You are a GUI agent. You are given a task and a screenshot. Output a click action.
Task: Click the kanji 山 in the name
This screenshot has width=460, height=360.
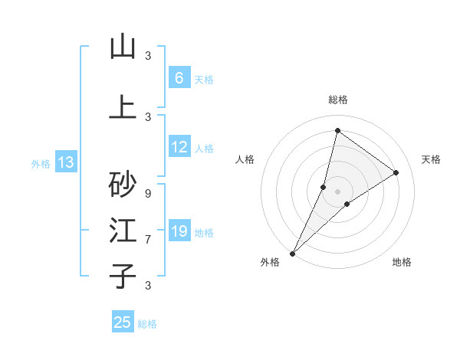click(123, 47)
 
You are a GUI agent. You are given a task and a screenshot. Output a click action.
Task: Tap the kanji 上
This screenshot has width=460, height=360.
click(123, 108)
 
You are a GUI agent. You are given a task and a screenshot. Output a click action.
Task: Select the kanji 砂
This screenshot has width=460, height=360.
click(123, 184)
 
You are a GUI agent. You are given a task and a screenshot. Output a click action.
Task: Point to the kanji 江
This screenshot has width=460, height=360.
click(123, 231)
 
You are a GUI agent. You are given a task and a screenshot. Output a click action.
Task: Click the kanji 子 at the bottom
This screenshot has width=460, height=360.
click(123, 276)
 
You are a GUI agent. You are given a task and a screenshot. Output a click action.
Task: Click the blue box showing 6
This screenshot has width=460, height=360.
click(179, 78)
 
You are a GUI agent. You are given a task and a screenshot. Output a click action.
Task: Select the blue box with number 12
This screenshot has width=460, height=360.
click(179, 147)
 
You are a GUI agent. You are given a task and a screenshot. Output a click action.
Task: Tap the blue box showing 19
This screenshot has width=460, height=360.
click(179, 231)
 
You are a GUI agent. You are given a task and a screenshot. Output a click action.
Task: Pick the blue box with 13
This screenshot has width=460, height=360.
click(65, 162)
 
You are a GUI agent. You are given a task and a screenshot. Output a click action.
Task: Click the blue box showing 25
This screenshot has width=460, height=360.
click(123, 322)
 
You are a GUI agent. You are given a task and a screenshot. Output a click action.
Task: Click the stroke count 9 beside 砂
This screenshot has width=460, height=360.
click(148, 193)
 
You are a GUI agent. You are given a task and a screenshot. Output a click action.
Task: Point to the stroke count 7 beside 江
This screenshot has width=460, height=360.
click(148, 239)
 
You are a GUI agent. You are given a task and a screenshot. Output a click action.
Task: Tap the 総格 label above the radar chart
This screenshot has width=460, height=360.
click(337, 100)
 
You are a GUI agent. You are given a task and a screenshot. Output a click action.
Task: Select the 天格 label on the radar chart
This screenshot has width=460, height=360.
click(431, 159)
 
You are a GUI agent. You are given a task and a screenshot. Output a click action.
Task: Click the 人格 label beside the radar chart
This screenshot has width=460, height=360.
click(245, 159)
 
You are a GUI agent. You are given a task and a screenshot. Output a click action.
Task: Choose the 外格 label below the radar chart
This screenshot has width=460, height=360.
click(270, 262)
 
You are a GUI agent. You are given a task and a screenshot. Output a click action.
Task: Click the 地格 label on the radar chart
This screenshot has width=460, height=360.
click(402, 262)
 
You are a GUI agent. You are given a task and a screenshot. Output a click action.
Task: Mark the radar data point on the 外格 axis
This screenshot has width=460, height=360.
click(292, 253)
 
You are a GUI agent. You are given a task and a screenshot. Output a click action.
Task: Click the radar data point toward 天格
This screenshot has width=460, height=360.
click(396, 172)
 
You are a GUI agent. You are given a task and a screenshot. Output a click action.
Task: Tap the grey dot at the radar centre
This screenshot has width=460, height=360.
click(337, 191)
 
